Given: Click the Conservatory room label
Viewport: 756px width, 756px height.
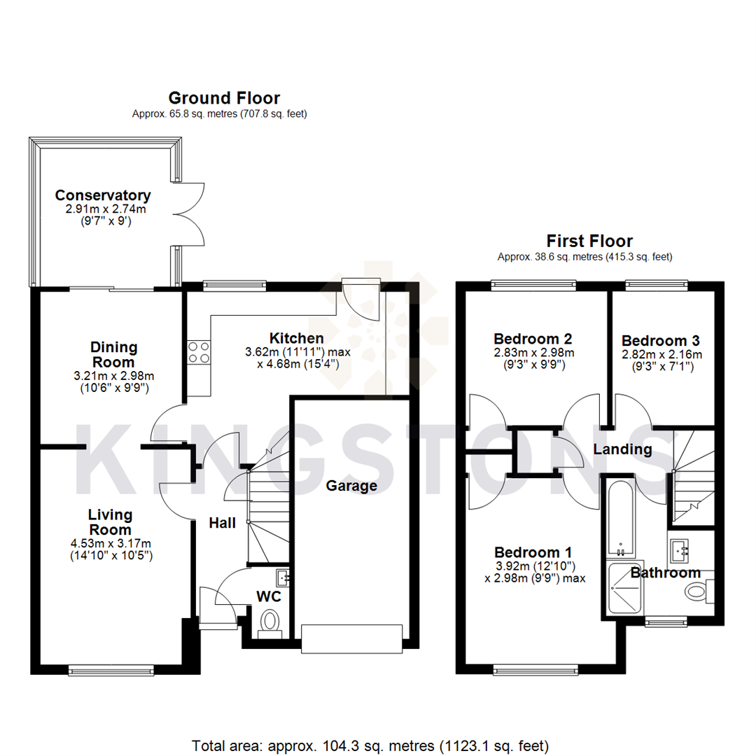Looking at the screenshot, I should (x=103, y=195).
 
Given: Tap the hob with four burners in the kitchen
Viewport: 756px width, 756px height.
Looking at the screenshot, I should (x=198, y=352).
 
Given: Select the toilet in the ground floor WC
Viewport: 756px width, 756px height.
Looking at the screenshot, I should (x=269, y=621).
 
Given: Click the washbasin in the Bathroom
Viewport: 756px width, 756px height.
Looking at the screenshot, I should (x=680, y=551).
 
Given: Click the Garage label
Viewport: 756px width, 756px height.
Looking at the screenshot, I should (x=352, y=486).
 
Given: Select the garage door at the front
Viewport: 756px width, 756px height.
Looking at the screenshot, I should (x=351, y=638).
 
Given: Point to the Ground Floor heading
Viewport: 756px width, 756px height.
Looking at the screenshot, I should (x=224, y=98).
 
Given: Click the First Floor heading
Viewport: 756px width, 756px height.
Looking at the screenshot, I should (x=589, y=241).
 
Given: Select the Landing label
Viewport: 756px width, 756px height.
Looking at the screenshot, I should (x=622, y=449).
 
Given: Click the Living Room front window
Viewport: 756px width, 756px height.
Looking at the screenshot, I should (x=111, y=670).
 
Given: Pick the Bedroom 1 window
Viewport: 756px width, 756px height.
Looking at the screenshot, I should (x=535, y=671).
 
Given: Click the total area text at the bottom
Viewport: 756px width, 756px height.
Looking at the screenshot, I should (x=370, y=745).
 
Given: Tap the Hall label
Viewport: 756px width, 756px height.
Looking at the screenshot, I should (x=221, y=523).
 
